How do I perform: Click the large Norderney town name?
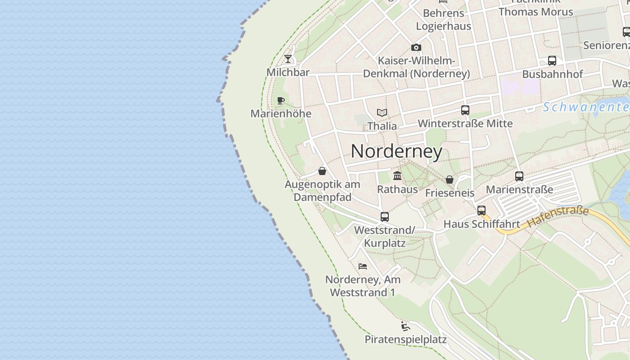[396, 151]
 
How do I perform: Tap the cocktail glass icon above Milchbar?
[288, 59]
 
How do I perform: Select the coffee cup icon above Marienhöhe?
[281, 100]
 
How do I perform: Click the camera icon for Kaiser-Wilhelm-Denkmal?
[416, 47]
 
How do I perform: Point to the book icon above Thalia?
[382, 112]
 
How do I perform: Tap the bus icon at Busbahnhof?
[552, 61]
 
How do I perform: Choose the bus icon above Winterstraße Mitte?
[465, 110]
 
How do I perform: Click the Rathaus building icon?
[397, 175]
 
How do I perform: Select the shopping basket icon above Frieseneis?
[450, 180]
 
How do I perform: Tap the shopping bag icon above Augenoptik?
[322, 171]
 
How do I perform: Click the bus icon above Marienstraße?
[519, 176]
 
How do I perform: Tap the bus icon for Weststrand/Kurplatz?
[384, 217]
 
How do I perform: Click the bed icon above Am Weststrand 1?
[363, 266]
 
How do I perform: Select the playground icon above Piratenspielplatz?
[405, 326]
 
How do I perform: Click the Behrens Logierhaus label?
[443, 19]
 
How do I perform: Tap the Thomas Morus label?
[535, 12]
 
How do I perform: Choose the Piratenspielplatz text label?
[405, 339]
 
